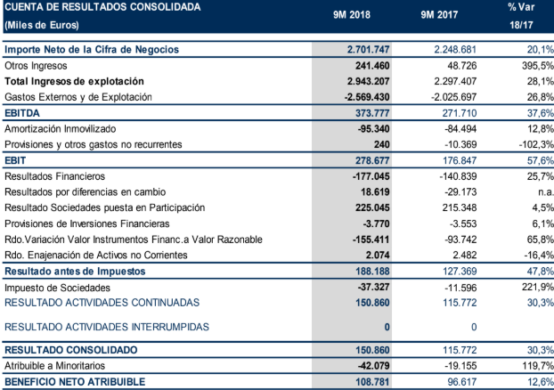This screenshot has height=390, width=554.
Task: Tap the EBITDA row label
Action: tap(23, 114)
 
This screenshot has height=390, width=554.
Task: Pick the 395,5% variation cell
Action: tap(537, 65)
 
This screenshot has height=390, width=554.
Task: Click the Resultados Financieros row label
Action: tap(55, 176)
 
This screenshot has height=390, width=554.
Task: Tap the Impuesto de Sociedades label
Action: tap(57, 288)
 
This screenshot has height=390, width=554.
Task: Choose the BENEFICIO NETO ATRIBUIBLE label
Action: tap(78, 382)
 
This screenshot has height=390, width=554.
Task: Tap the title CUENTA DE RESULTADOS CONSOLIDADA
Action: tap(98, 7)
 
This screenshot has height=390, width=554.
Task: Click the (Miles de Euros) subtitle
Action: tap(41, 24)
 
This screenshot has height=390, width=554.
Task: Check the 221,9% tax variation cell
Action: tap(537, 288)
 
